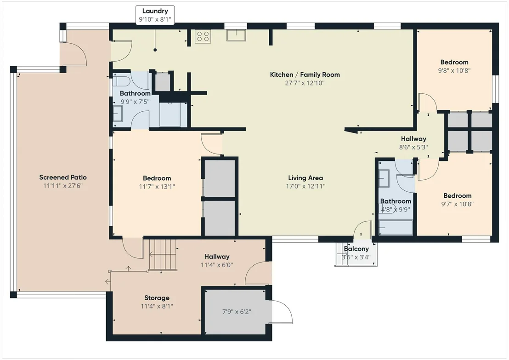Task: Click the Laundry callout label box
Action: pyautogui.click(x=155, y=15)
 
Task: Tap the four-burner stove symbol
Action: pyautogui.click(x=203, y=36)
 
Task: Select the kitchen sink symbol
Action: pyautogui.click(x=236, y=35)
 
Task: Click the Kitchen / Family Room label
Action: pyautogui.click(x=305, y=74)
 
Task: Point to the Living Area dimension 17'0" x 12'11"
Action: pyautogui.click(x=305, y=186)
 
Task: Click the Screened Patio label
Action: pyautogui.click(x=63, y=177)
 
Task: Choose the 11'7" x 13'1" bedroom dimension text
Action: pyautogui.click(x=157, y=187)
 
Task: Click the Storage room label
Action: pyautogui.click(x=157, y=297)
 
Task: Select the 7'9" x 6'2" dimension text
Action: pyautogui.click(x=237, y=312)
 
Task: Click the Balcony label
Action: pyautogui.click(x=356, y=249)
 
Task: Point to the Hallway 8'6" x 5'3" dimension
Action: pyautogui.click(x=413, y=147)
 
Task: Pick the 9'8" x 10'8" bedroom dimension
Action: pyautogui.click(x=454, y=70)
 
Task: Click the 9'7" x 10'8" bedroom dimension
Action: pyautogui.click(x=457, y=204)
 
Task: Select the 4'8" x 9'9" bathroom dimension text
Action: pyautogui.click(x=396, y=210)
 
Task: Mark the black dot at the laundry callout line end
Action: pyautogui.click(x=155, y=50)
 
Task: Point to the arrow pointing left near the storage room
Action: pyautogui.click(x=108, y=282)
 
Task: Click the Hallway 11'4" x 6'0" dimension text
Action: pyautogui.click(x=216, y=265)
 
